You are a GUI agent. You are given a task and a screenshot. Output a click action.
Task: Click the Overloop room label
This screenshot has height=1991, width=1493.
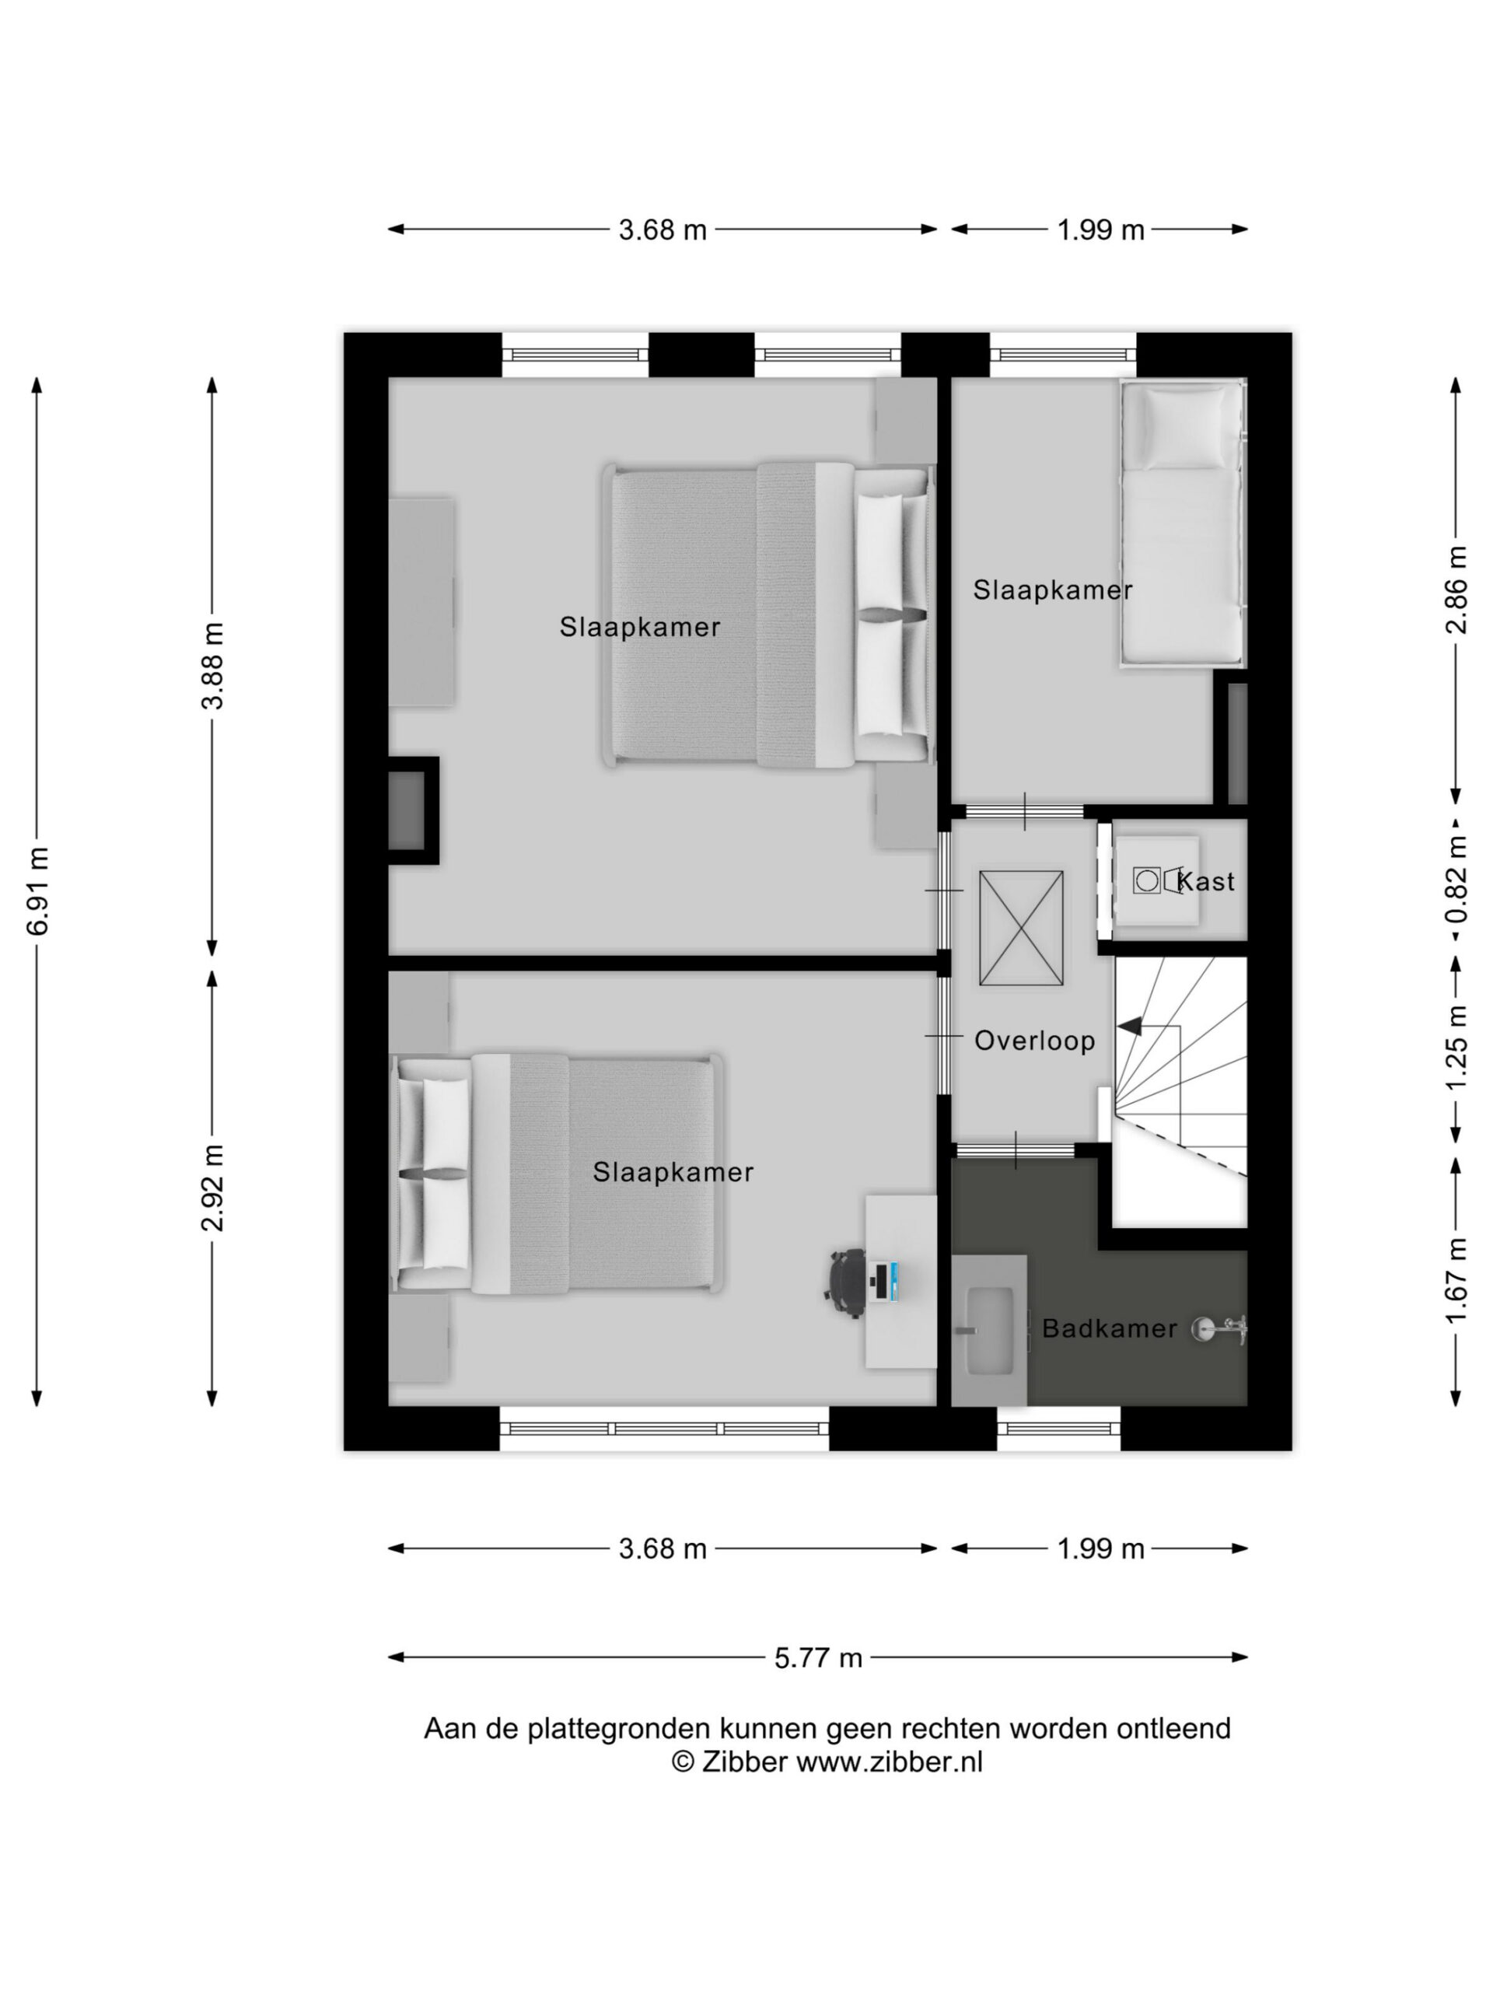[x=1034, y=1041]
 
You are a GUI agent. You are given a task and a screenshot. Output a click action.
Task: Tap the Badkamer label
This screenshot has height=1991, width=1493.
[x=1109, y=1328]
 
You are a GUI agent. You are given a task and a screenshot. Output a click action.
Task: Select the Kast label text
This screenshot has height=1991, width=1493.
[x=1206, y=881]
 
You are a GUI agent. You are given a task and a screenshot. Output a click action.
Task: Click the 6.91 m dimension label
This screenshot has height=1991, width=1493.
[x=38, y=891]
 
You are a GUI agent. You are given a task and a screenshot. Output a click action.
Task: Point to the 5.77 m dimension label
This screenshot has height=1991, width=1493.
[x=818, y=1657]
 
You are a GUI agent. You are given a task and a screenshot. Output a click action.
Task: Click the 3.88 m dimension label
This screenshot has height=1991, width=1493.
[x=212, y=665]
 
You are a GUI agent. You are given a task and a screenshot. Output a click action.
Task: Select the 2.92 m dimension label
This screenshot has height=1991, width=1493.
[x=212, y=1188]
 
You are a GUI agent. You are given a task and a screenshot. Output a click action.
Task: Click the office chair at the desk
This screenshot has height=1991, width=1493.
[x=842, y=1282]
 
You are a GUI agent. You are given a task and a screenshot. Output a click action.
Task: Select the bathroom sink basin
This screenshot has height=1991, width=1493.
[x=989, y=1331]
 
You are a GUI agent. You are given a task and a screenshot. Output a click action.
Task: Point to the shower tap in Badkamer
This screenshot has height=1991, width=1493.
[x=1220, y=1328]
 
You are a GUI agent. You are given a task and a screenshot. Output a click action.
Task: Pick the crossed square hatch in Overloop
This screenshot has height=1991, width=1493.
[x=1020, y=928]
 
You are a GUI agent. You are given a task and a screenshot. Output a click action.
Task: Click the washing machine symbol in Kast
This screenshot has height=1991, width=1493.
[x=1146, y=880]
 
